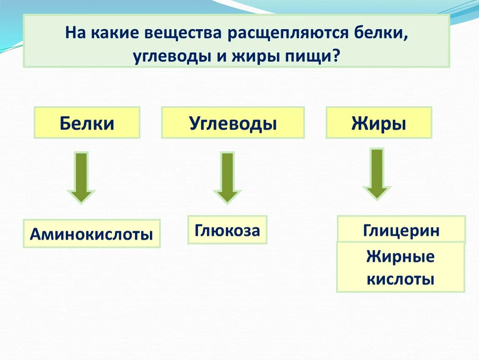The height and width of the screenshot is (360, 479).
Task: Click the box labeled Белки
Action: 87,123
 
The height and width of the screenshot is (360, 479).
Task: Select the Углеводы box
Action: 233,123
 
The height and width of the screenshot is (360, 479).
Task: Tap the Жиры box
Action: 379,123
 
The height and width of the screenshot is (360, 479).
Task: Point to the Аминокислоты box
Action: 92,234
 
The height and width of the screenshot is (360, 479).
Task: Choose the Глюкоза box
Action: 227,230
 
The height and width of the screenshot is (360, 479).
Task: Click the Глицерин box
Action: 401,230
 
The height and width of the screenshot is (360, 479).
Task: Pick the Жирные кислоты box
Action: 400,267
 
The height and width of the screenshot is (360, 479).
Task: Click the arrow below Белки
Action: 82,177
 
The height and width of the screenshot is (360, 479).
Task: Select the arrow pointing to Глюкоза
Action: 227,177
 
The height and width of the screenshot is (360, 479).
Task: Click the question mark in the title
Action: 336,56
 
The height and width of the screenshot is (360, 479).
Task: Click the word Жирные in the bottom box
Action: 400,257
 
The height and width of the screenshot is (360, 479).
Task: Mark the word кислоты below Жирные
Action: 400,278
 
